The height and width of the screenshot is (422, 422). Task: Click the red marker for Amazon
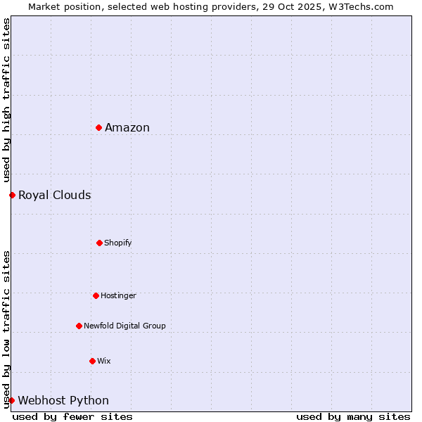[99, 127]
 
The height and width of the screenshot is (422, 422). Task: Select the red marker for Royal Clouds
[12, 195]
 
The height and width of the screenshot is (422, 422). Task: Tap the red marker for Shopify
[99, 243]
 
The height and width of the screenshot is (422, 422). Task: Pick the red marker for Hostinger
[96, 295]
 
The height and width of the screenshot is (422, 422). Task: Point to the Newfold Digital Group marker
[79, 326]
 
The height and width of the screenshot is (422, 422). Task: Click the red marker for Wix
[92, 361]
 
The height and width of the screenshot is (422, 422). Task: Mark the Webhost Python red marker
[11, 400]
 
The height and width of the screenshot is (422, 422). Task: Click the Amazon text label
[127, 127]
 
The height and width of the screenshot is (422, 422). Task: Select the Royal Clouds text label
[55, 195]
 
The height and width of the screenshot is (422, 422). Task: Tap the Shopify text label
[118, 243]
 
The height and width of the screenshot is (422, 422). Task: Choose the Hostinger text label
[118, 295]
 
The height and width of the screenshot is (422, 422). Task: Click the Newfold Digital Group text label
[124, 326]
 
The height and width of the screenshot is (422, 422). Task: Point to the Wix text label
[104, 361]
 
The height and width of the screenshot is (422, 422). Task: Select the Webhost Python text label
[63, 400]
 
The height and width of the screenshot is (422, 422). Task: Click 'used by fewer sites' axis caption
[72, 416]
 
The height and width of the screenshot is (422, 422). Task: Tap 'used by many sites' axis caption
[353, 416]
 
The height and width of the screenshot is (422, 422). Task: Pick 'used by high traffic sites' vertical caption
[6, 100]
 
